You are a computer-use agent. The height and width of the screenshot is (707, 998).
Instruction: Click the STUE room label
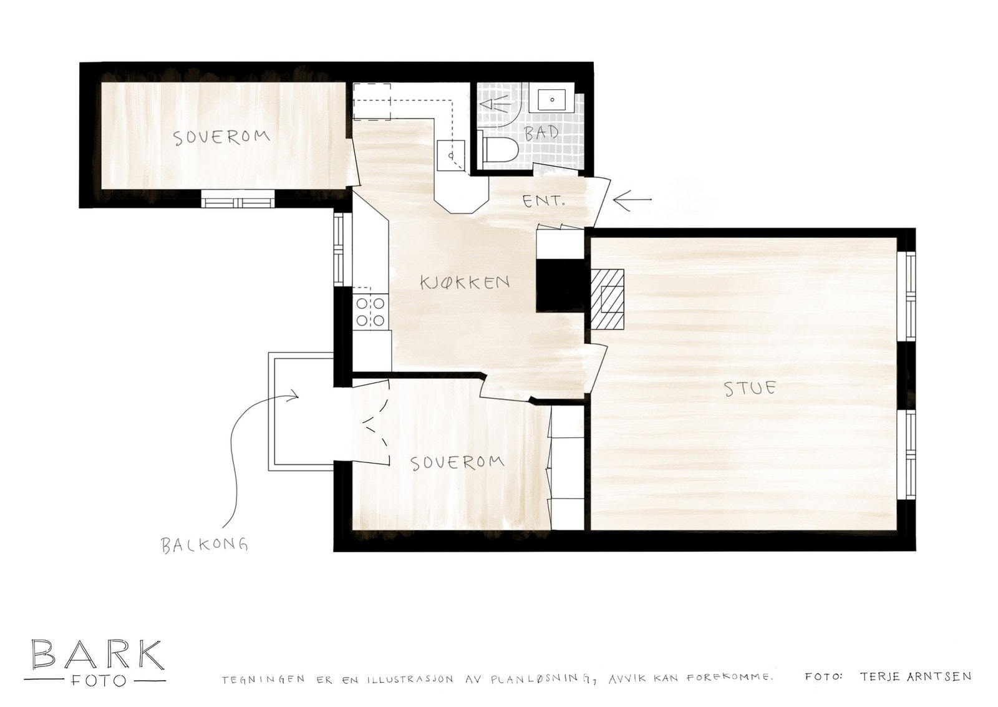point(750,388)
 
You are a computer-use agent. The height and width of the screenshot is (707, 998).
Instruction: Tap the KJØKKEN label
point(465,282)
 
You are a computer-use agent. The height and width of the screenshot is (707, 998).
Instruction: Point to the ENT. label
point(544,202)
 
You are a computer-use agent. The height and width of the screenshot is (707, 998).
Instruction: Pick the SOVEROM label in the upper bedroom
point(221,137)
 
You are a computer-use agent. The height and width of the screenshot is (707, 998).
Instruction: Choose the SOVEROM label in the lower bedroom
point(457,462)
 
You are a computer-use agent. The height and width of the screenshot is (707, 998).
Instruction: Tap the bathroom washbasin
point(551,99)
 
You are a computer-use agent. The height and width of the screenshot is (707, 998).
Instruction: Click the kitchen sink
point(450,155)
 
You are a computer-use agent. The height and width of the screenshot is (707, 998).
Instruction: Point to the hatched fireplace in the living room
point(607,300)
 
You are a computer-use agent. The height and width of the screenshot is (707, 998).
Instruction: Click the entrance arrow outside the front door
point(631,200)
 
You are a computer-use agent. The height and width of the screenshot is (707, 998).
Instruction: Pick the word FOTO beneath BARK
point(97,680)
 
